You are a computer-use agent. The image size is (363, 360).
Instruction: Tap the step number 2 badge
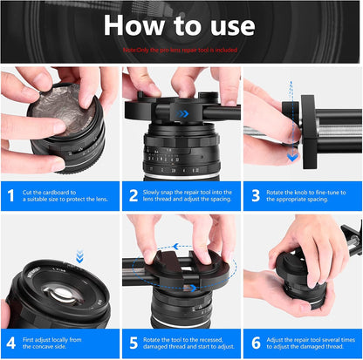[134, 196]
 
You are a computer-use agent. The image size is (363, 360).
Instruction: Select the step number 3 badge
[256, 196]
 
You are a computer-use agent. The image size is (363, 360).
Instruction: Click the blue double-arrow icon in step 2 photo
[183, 113]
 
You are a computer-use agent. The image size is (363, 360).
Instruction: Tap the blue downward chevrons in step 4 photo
[79, 256]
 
